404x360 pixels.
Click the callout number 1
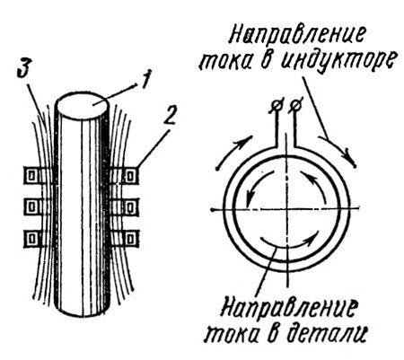click(x=145, y=80)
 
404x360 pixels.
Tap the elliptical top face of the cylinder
click(x=82, y=105)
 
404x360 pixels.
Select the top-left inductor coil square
click(x=32, y=176)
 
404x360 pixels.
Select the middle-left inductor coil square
click(x=32, y=206)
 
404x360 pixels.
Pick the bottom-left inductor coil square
click(x=32, y=238)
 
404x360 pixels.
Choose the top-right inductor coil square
click(x=129, y=176)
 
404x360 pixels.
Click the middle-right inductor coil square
click(x=129, y=206)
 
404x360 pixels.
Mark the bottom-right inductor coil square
click(x=129, y=239)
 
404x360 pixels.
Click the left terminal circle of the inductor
click(x=276, y=106)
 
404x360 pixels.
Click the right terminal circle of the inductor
click(x=295, y=106)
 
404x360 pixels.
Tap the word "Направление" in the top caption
click(x=297, y=37)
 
